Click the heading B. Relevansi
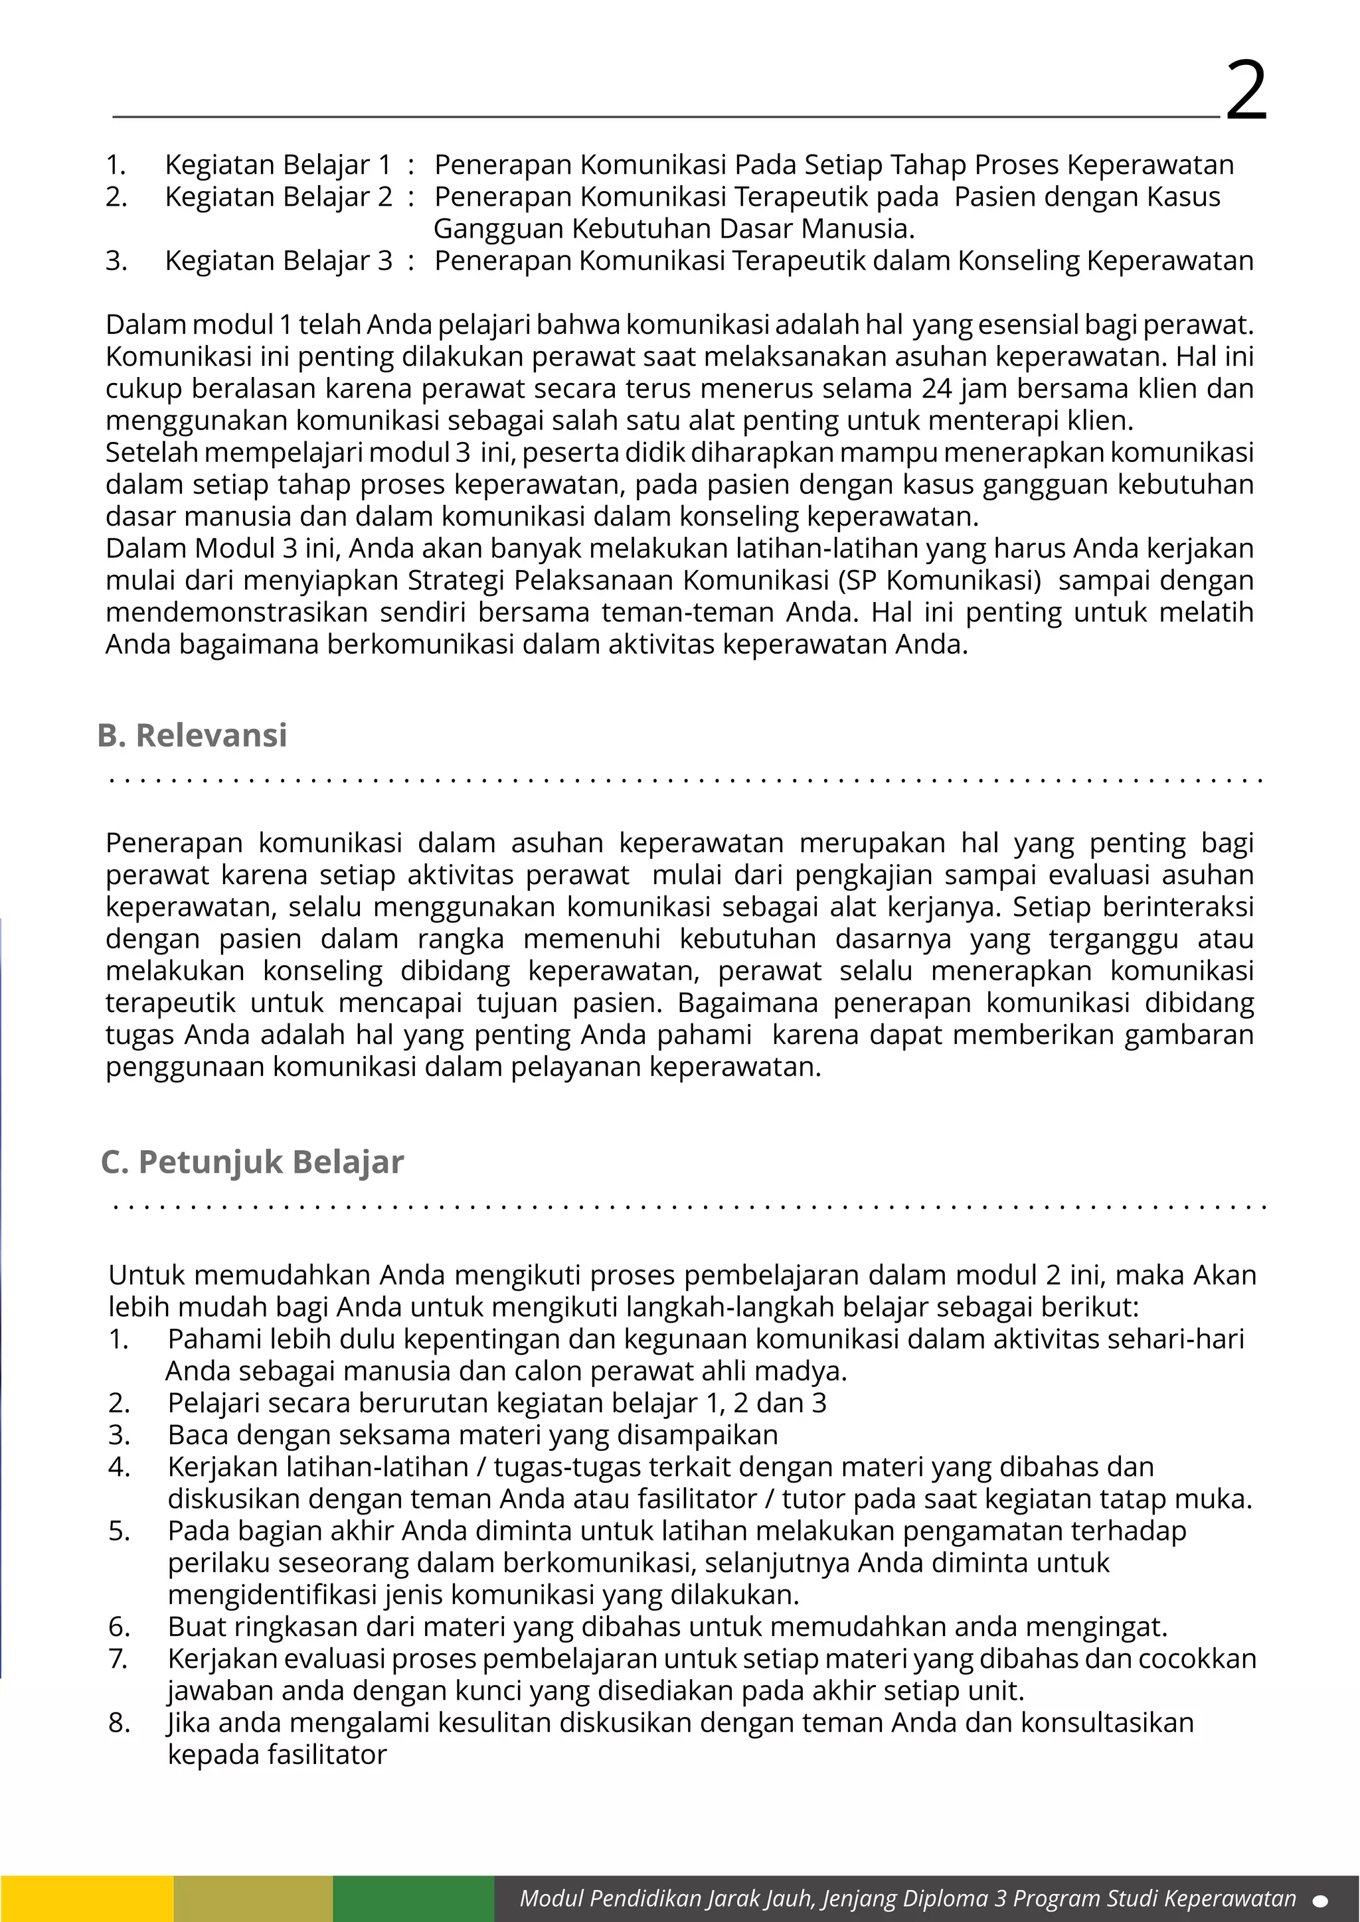[x=192, y=735]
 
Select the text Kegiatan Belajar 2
[x=278, y=196]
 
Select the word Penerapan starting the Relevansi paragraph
[x=173, y=843]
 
